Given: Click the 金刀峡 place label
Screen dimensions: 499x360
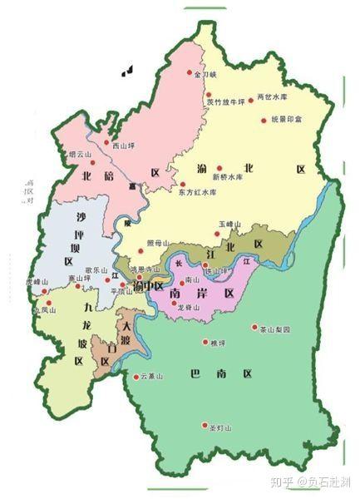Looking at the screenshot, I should click(x=205, y=74).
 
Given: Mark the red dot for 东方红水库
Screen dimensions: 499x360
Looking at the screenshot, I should click(x=182, y=184).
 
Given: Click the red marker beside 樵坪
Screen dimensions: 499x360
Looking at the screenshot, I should click(x=205, y=342).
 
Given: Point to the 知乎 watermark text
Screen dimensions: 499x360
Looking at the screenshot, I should click(x=274, y=481).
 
